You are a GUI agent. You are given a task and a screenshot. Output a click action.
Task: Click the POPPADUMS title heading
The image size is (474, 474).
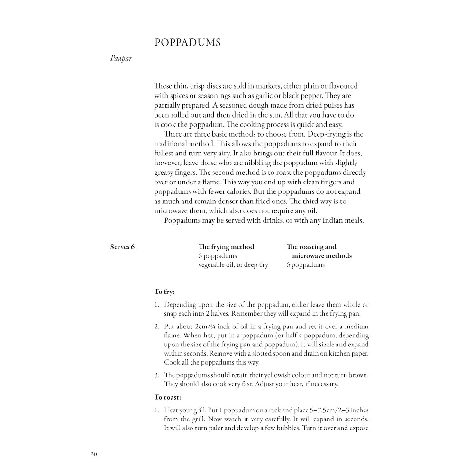tap(188, 43)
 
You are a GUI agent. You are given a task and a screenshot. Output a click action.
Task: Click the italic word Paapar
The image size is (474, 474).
tap(120, 59)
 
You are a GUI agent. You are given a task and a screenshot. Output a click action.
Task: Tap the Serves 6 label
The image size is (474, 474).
tap(122, 247)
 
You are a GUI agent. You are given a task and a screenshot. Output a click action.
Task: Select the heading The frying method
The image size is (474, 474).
tap(226, 247)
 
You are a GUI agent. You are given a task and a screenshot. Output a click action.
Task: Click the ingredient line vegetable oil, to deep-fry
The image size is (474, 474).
tap(233, 265)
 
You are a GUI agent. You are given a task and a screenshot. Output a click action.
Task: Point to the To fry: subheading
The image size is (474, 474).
tap(164, 292)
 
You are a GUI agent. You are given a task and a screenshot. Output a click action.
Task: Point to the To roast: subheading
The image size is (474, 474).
tap(168, 397)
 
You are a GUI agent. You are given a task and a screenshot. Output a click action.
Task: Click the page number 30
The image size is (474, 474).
tap(93, 454)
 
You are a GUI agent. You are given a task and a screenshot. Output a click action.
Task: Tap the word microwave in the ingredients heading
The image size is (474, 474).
tap(308, 256)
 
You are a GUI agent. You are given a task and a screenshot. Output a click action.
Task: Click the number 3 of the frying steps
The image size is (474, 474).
tap(156, 375)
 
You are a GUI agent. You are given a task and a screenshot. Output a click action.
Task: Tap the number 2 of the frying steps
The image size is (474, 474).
tap(156, 327)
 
